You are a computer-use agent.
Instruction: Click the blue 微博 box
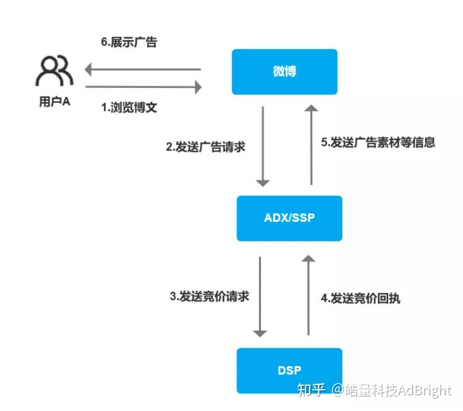[x=284, y=72]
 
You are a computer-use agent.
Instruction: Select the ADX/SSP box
[x=289, y=218]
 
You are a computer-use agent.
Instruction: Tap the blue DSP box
[x=289, y=370]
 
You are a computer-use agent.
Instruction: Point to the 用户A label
[x=55, y=102]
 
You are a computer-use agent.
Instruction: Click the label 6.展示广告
[x=128, y=43]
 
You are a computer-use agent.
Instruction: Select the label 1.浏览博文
[x=129, y=107]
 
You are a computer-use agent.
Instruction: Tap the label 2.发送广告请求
[x=206, y=147]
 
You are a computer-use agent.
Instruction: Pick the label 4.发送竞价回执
[x=360, y=298]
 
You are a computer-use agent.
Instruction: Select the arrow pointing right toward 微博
[x=144, y=87]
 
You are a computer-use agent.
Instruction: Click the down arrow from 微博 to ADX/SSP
[x=263, y=146]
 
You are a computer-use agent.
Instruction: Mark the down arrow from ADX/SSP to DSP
[x=260, y=296]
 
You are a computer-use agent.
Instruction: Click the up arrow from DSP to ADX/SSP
[x=308, y=296]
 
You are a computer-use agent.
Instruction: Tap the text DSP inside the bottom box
[x=289, y=370]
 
